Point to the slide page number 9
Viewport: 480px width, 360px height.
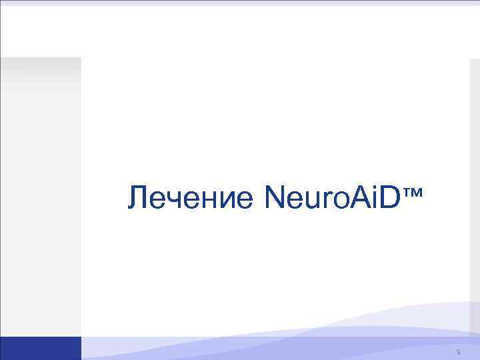click(x=459, y=351)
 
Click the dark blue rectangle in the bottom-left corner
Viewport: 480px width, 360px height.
click(x=40, y=348)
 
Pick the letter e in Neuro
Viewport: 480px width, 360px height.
click(x=294, y=201)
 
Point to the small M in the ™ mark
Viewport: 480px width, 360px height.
click(x=418, y=192)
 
